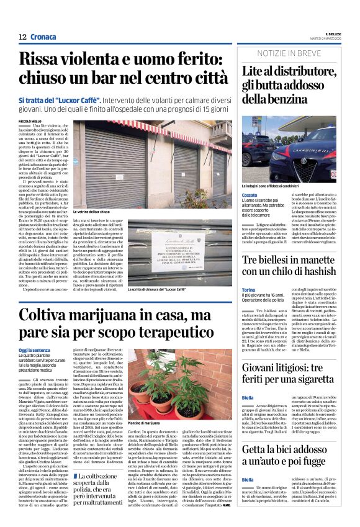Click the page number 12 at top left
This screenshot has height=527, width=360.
(22, 37)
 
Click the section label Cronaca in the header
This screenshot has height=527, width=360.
(43, 37)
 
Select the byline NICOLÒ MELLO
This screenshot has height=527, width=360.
(29, 121)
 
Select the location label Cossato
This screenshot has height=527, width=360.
(250, 195)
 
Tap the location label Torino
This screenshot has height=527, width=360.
(248, 290)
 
